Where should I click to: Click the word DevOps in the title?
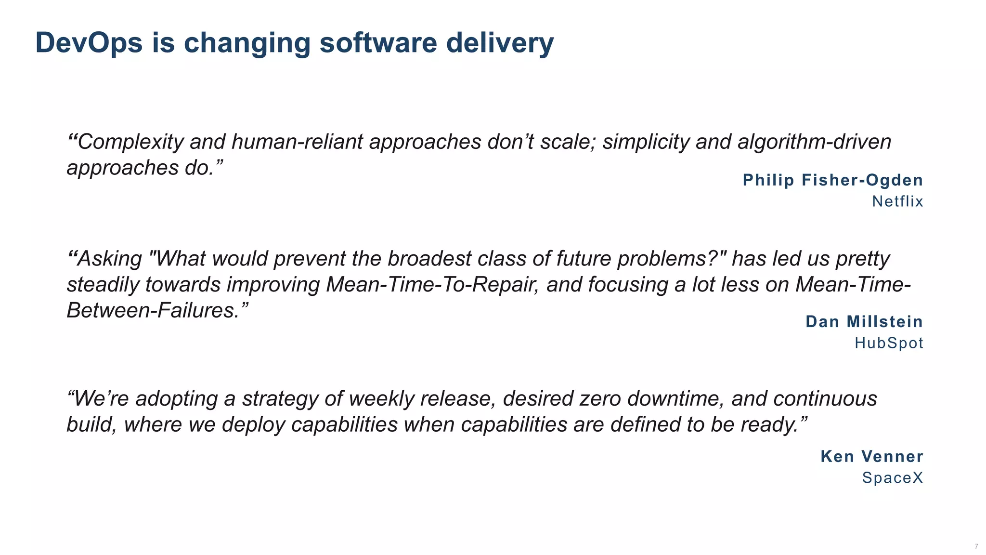click(x=89, y=42)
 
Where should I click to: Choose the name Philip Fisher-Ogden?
click(x=833, y=180)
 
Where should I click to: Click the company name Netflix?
click(x=897, y=201)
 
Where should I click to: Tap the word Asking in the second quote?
click(x=110, y=259)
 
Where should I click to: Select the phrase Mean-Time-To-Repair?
click(x=431, y=284)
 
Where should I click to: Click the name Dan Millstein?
click(x=864, y=322)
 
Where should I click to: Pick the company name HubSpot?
click(x=889, y=343)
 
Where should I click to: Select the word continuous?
click(x=825, y=398)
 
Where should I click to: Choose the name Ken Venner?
click(x=871, y=456)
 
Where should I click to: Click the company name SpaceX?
click(x=892, y=478)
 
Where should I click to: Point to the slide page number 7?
click(x=976, y=546)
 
